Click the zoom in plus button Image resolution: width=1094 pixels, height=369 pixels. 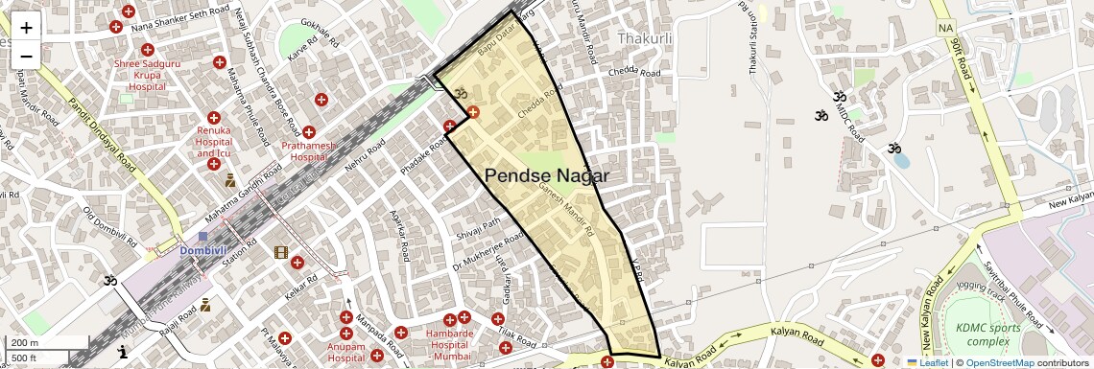(x=26, y=27)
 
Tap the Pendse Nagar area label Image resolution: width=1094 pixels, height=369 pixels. (x=547, y=175)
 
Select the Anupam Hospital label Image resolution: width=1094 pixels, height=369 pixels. (x=347, y=352)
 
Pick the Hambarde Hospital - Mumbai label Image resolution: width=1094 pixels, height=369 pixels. (x=449, y=340)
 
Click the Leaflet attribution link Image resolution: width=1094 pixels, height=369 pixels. (x=926, y=362)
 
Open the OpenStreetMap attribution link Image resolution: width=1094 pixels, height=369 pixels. (x=999, y=362)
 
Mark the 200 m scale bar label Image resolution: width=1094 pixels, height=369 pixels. (x=27, y=343)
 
